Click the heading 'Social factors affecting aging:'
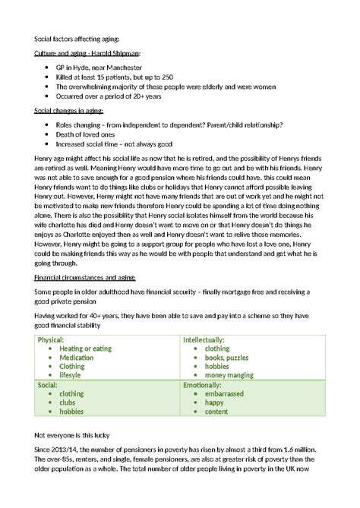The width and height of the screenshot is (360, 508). (x=77, y=39)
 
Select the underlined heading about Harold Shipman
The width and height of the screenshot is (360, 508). (x=87, y=54)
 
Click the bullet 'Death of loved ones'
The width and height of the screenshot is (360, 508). (x=87, y=134)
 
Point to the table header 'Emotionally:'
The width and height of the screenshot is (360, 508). (x=202, y=385)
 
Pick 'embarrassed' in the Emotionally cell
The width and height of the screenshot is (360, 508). (x=227, y=394)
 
